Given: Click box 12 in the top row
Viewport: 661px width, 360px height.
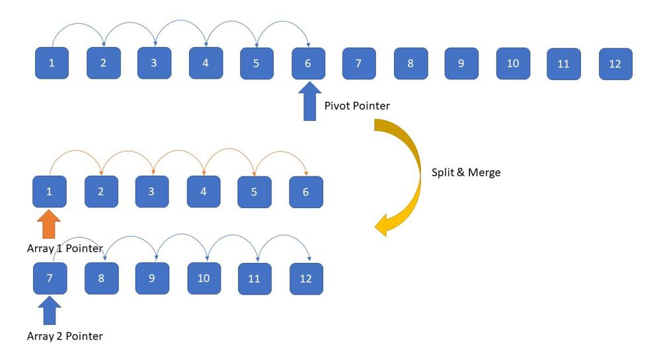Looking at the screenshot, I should click(615, 64).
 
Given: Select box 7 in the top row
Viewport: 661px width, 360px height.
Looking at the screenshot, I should click(358, 63).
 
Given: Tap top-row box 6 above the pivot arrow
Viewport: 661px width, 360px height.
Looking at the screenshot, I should click(308, 63).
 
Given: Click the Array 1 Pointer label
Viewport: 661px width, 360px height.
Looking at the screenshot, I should click(65, 248).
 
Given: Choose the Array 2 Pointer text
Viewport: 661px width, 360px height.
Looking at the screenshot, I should click(65, 336).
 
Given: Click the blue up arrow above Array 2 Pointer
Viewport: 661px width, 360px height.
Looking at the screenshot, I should click(50, 311).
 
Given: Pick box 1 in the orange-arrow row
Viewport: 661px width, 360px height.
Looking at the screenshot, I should click(50, 192).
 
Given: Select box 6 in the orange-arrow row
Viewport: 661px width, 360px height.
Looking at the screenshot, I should click(306, 192).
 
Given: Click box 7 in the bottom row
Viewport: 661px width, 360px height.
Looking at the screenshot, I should click(50, 278).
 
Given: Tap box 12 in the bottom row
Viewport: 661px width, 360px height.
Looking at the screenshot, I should click(306, 278).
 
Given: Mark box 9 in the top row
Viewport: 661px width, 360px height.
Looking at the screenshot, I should click(461, 64).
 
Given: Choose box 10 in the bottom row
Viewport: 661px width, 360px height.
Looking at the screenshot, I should click(204, 278).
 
